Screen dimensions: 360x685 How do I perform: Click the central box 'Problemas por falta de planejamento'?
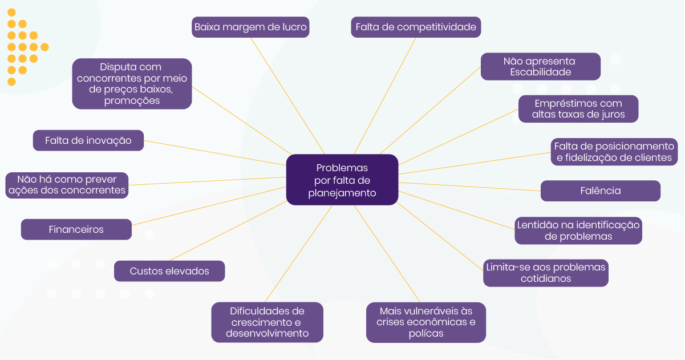pyautogui.click(x=342, y=180)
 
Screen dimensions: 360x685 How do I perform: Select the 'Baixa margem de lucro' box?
pyautogui.click(x=250, y=27)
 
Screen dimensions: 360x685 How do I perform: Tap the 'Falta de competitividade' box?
pyautogui.click(x=416, y=27)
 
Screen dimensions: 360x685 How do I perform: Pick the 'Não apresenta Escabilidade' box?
pyautogui.click(x=540, y=66)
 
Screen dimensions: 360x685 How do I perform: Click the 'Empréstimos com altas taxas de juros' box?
pyautogui.click(x=578, y=108)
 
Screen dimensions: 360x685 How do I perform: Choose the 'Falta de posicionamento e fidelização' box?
pyautogui.click(x=613, y=152)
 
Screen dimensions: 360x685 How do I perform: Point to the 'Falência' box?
pyautogui.click(x=600, y=191)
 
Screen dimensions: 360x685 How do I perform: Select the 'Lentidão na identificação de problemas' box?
pyautogui.click(x=578, y=230)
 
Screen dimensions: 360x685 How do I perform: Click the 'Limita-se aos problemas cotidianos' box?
pyautogui.click(x=545, y=273)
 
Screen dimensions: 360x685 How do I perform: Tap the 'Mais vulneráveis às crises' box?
pyautogui.click(x=425, y=322)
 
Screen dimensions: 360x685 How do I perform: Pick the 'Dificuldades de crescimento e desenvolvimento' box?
pyautogui.click(x=267, y=322)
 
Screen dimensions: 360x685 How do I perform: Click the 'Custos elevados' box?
pyautogui.click(x=169, y=271)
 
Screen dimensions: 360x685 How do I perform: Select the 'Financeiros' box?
pyautogui.click(x=76, y=229)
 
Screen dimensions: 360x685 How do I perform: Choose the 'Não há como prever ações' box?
pyautogui.click(x=67, y=185)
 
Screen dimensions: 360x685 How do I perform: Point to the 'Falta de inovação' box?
pyautogui.click(x=88, y=140)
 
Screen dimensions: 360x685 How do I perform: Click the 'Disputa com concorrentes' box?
pyautogui.click(x=132, y=83)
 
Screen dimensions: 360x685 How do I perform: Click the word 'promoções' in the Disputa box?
pyautogui.click(x=132, y=100)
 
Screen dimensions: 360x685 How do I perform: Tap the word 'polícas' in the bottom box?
pyautogui.click(x=425, y=334)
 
